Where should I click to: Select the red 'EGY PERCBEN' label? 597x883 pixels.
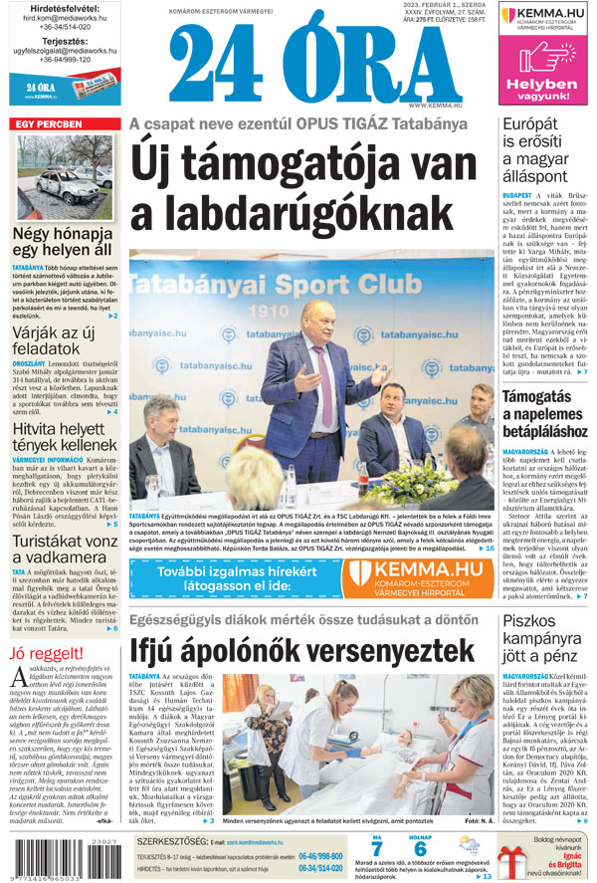click(x=48, y=124)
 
